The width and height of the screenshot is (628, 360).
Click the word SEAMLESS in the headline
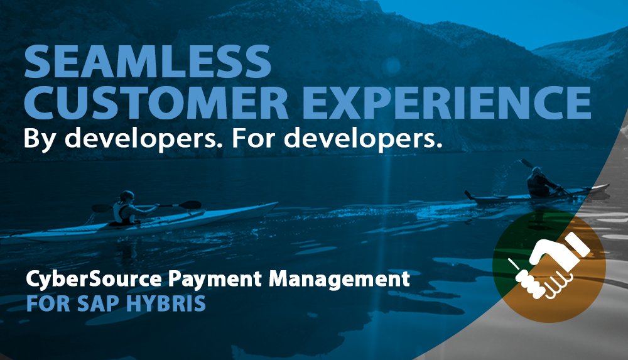click(x=148, y=62)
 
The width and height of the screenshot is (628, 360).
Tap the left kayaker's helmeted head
click(x=127, y=195)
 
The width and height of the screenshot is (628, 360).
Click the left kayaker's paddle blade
click(x=190, y=205)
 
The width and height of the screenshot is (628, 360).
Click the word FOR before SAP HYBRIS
click(x=46, y=303)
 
